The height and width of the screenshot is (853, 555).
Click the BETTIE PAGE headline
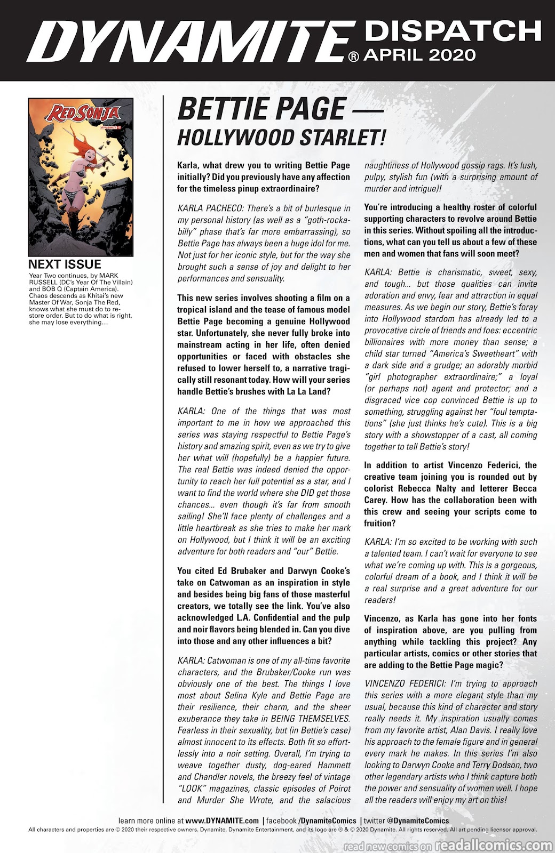tap(260, 109)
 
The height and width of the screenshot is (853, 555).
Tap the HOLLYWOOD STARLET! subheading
tap(281, 138)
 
